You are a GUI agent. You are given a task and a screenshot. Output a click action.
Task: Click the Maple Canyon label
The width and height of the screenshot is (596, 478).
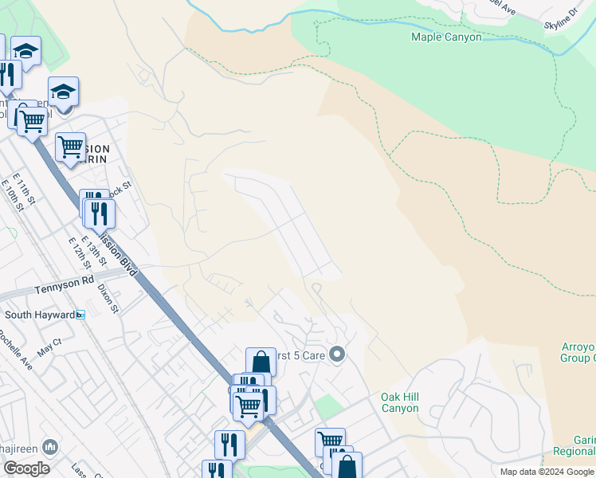446,37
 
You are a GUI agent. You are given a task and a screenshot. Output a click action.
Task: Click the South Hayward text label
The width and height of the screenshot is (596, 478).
39,315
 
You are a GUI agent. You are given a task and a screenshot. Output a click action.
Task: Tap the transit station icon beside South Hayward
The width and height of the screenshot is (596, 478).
80,315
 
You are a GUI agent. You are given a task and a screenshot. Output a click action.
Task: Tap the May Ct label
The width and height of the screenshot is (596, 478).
49,344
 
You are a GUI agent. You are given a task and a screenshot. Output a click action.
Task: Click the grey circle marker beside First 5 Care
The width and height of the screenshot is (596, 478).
337,354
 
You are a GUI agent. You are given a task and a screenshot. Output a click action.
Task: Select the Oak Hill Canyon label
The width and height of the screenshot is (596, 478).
399,402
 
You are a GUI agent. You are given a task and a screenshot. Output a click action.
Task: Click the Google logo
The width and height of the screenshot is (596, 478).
26,468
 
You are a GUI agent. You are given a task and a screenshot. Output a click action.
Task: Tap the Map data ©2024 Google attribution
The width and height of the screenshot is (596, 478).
546,472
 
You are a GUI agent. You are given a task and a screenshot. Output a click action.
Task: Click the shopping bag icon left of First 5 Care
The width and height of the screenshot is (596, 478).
261,362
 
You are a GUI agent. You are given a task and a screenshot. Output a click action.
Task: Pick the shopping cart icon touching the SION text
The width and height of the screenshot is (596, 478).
70,147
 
